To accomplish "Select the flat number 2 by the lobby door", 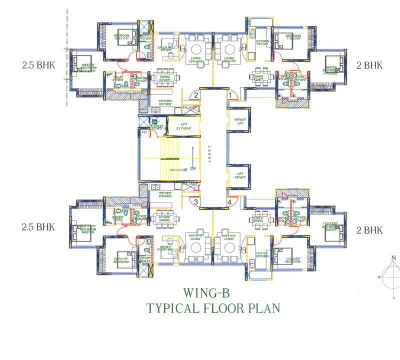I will point(196,95).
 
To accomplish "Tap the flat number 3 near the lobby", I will point(196,202).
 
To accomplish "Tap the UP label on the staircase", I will point(185,170).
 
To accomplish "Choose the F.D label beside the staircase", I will point(144,133).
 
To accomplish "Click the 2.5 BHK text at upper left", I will point(37,65).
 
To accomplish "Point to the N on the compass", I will point(394,258).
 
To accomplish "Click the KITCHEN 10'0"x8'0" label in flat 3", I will point(164,194).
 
